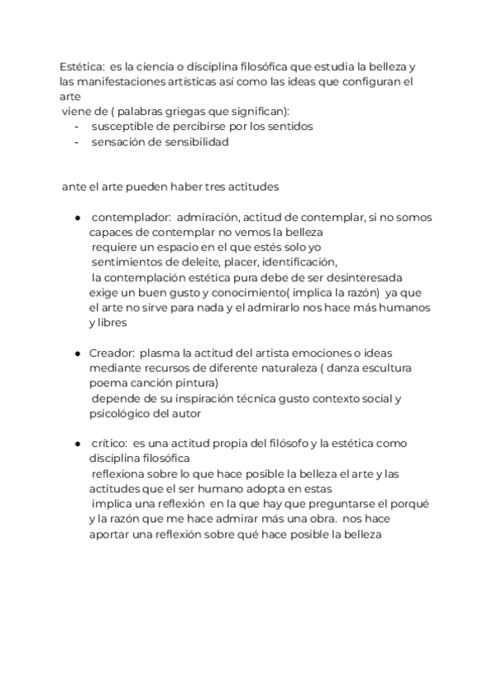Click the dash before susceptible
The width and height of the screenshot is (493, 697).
tap(76, 127)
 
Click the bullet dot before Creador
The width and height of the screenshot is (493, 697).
tap(76, 353)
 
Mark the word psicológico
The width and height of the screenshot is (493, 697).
tap(120, 413)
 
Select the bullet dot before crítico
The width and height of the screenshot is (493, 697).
tap(76, 444)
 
